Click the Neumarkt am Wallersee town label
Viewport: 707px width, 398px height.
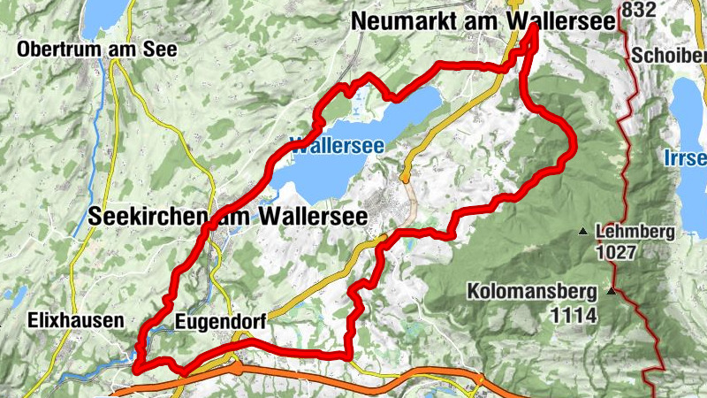483,22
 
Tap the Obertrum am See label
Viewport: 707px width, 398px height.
96,50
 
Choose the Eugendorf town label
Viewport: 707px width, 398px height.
220,321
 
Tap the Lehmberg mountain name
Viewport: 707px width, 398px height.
635,233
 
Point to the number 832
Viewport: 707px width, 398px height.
638,10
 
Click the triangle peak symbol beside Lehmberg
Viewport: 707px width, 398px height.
582,233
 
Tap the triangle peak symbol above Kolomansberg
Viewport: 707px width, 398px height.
610,290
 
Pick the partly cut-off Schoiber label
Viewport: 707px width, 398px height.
669,55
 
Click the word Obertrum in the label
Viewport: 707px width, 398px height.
56,50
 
